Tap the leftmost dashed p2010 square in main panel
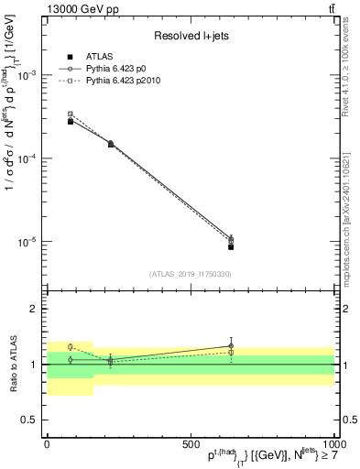(x=71, y=115)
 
